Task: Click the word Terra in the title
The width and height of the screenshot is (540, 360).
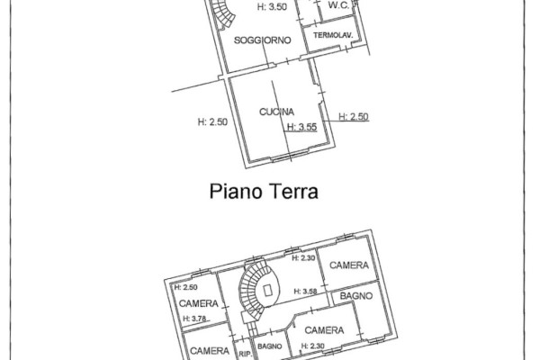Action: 294,191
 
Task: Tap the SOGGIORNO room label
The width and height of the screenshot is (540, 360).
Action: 263,40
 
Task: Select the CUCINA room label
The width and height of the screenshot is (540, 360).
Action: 276,112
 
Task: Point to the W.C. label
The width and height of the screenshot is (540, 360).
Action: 339,5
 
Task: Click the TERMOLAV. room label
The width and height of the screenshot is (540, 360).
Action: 333,35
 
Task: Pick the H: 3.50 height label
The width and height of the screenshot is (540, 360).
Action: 272,7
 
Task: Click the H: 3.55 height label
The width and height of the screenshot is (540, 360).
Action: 302,127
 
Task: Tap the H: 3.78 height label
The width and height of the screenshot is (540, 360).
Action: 195,319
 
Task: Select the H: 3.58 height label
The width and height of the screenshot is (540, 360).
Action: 305,292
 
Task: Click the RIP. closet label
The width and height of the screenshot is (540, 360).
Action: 245,354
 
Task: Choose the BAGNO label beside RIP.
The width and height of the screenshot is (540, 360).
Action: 270,346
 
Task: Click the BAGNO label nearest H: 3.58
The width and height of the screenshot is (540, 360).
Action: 356,296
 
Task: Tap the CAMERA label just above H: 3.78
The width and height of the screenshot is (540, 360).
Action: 199,303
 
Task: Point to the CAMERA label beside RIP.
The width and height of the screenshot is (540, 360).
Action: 210,351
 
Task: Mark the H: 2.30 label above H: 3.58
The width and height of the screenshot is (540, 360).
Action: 303,258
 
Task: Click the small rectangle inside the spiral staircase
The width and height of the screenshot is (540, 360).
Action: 268,291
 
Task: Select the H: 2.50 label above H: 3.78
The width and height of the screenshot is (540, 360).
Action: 186,287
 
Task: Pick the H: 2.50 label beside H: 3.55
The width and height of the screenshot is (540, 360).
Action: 354,117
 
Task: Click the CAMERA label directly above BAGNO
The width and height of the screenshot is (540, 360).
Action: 349,265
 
